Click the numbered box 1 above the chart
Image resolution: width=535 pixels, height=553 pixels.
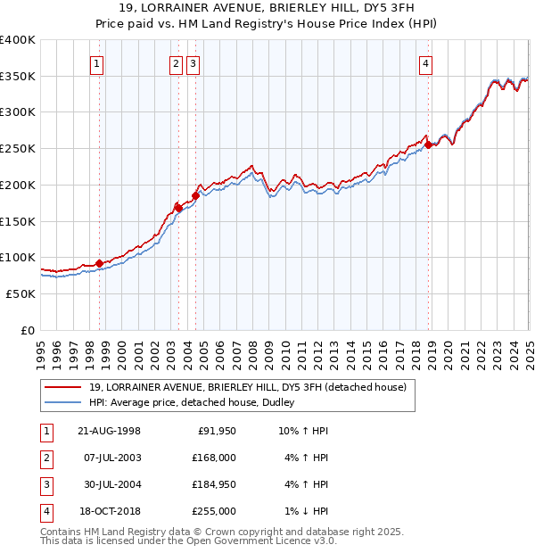95,63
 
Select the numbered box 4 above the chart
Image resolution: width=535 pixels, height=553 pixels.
426,63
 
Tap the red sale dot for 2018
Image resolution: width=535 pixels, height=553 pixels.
429,144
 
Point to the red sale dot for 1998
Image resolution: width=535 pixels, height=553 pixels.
99,262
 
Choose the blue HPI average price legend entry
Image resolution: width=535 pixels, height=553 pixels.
198,402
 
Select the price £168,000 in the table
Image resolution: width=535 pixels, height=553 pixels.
215,458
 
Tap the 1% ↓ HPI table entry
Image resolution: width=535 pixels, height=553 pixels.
305,511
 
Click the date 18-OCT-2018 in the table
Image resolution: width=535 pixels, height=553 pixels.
109,511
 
